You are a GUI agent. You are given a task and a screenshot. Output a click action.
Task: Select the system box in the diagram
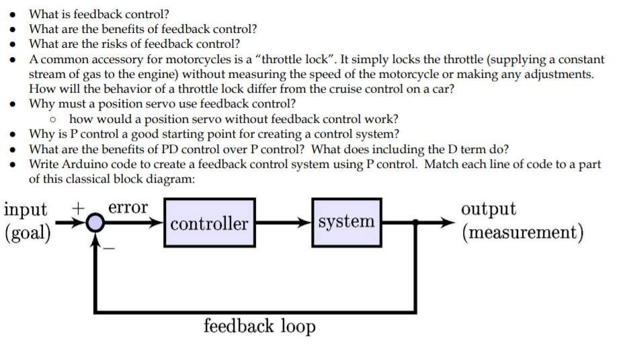click(346, 222)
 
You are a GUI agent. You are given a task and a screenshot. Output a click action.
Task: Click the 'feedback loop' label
click(259, 327)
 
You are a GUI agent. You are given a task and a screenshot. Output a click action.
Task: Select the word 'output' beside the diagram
click(489, 208)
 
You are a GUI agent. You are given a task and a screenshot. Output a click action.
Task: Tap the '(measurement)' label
click(522, 232)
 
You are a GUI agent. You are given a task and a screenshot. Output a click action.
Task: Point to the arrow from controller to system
click(283, 223)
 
